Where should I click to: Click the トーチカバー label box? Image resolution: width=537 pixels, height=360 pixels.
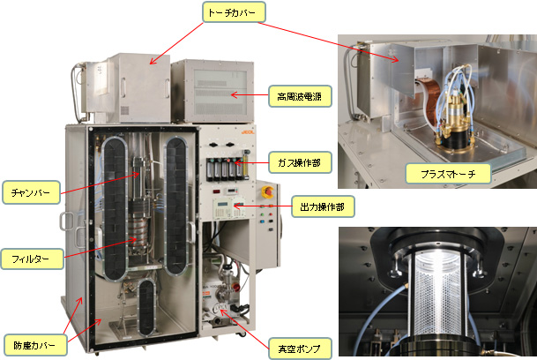pos(234,12)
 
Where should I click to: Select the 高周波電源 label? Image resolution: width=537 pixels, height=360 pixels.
pos(300,96)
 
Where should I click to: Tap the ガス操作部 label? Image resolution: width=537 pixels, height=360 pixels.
pos(300,162)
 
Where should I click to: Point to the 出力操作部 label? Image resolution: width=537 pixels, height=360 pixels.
pos(323,206)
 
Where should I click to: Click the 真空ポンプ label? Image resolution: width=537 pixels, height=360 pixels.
pos(300,349)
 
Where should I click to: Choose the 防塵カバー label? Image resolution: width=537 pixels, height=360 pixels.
pos(35,345)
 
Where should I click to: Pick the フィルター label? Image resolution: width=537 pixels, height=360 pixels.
pos(32,259)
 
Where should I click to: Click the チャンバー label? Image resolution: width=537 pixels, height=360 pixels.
pos(31,192)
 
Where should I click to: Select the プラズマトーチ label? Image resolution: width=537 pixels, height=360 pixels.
pos(448,174)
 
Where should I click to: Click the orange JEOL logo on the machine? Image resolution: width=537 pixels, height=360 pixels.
pos(248,132)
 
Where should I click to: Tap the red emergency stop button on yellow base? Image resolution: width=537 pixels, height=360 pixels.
pos(267,192)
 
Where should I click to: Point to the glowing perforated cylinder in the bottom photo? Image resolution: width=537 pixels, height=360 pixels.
pos(439,293)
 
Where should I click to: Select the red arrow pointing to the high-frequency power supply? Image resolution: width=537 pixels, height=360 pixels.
pos(250,95)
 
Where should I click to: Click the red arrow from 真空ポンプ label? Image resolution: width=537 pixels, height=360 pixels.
pos(244,328)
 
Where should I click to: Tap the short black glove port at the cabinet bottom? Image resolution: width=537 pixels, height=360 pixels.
pos(146,307)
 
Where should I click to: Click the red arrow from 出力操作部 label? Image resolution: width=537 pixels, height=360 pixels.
pos(263,206)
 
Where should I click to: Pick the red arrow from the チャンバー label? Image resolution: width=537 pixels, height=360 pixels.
pos(100,184)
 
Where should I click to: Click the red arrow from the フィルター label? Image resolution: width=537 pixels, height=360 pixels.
pos(101,247)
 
